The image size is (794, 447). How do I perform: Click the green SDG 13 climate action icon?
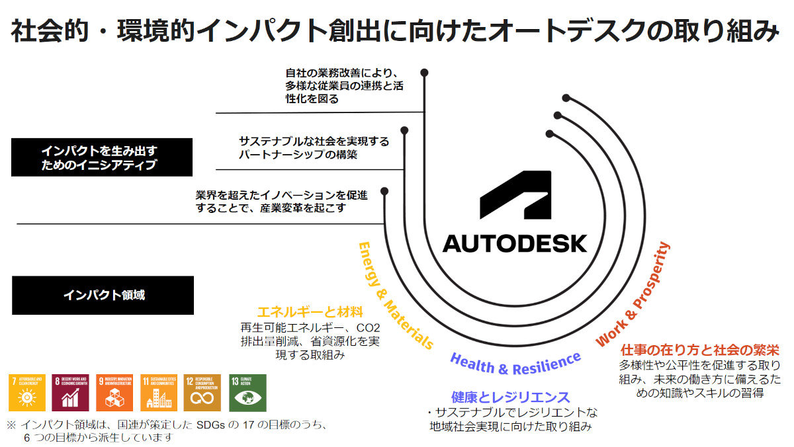tap(247, 393)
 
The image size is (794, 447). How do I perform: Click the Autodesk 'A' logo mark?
tap(515, 194)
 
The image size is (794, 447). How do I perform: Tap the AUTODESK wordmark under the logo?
tap(515, 243)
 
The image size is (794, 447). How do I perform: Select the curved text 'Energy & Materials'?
tap(394, 294)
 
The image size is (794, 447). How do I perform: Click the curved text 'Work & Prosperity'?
tap(633, 295)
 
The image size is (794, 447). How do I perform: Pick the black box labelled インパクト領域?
tap(103, 295)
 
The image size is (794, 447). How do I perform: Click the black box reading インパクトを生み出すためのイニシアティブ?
tap(102, 157)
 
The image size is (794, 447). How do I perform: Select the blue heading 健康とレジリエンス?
tap(510, 397)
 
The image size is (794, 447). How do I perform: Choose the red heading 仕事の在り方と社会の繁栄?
tap(699, 348)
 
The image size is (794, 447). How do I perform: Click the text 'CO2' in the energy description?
tap(368, 328)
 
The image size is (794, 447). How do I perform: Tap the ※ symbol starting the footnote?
tap(11, 425)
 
